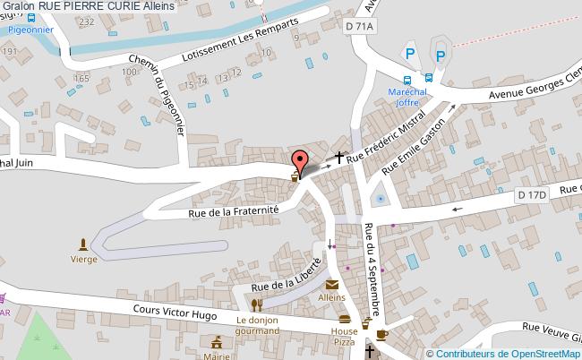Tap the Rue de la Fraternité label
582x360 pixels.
(x=234, y=210)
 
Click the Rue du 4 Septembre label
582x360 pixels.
(x=375, y=269)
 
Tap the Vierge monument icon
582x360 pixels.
(x=84, y=244)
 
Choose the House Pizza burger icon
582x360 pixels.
(x=345, y=319)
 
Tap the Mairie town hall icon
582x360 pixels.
(x=215, y=342)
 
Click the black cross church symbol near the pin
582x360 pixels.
(x=338, y=159)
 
